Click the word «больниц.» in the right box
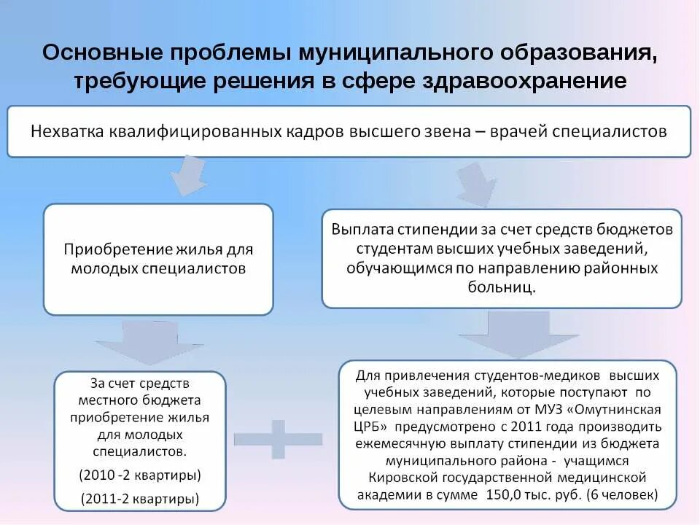click(502, 287)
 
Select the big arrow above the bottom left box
click(149, 342)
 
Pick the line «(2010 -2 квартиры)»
click(140, 475)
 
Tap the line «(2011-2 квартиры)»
click(140, 499)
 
